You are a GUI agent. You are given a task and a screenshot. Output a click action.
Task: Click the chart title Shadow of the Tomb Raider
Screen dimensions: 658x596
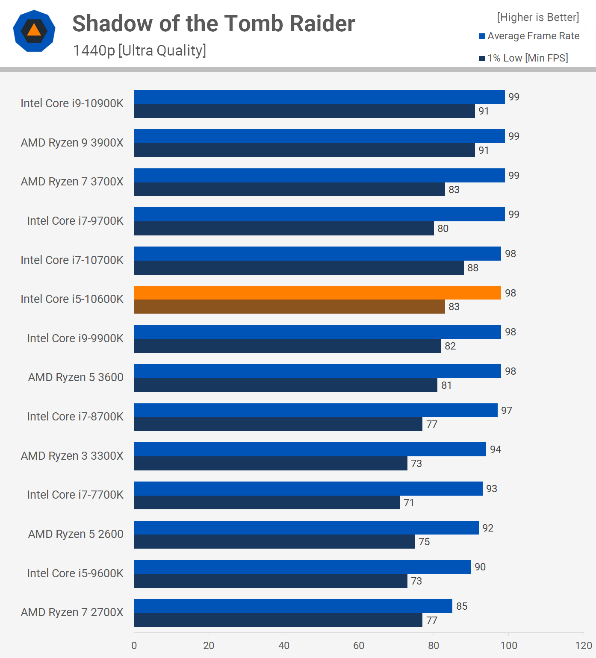click(213, 23)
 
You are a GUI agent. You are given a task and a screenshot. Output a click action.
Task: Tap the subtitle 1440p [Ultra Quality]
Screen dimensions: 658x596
click(139, 50)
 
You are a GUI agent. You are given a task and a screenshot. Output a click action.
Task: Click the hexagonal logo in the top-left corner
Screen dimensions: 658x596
click(34, 31)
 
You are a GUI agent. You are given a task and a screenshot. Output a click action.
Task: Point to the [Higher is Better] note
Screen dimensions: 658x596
click(538, 17)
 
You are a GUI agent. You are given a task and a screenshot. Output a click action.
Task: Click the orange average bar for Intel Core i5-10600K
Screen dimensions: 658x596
click(317, 293)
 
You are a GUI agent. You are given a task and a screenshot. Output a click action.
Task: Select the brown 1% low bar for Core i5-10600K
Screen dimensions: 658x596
click(289, 307)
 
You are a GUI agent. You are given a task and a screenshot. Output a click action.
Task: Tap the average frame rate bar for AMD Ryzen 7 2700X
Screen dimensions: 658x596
click(293, 606)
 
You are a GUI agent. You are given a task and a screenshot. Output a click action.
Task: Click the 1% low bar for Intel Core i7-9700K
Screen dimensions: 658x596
click(284, 229)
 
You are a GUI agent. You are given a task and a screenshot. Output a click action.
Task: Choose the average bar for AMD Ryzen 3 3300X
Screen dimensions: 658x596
click(310, 449)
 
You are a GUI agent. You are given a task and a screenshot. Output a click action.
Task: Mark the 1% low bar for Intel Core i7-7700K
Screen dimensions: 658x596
click(267, 502)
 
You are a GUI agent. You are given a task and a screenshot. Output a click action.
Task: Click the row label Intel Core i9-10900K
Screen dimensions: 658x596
click(72, 103)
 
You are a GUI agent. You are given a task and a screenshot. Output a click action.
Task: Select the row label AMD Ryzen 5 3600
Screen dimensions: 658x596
click(76, 377)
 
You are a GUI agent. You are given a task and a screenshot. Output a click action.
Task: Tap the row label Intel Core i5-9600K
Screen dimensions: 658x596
click(75, 573)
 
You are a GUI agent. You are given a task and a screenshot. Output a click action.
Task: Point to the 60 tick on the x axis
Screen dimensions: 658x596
click(359, 645)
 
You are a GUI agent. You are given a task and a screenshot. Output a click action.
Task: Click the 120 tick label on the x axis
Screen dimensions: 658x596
click(584, 645)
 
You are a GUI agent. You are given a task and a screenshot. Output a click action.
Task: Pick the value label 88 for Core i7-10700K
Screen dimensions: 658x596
click(473, 268)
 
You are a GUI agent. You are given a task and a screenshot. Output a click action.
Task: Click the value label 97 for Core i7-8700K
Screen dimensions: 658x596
click(507, 411)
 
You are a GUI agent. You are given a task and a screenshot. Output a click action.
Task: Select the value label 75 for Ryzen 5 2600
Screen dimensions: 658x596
click(424, 542)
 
